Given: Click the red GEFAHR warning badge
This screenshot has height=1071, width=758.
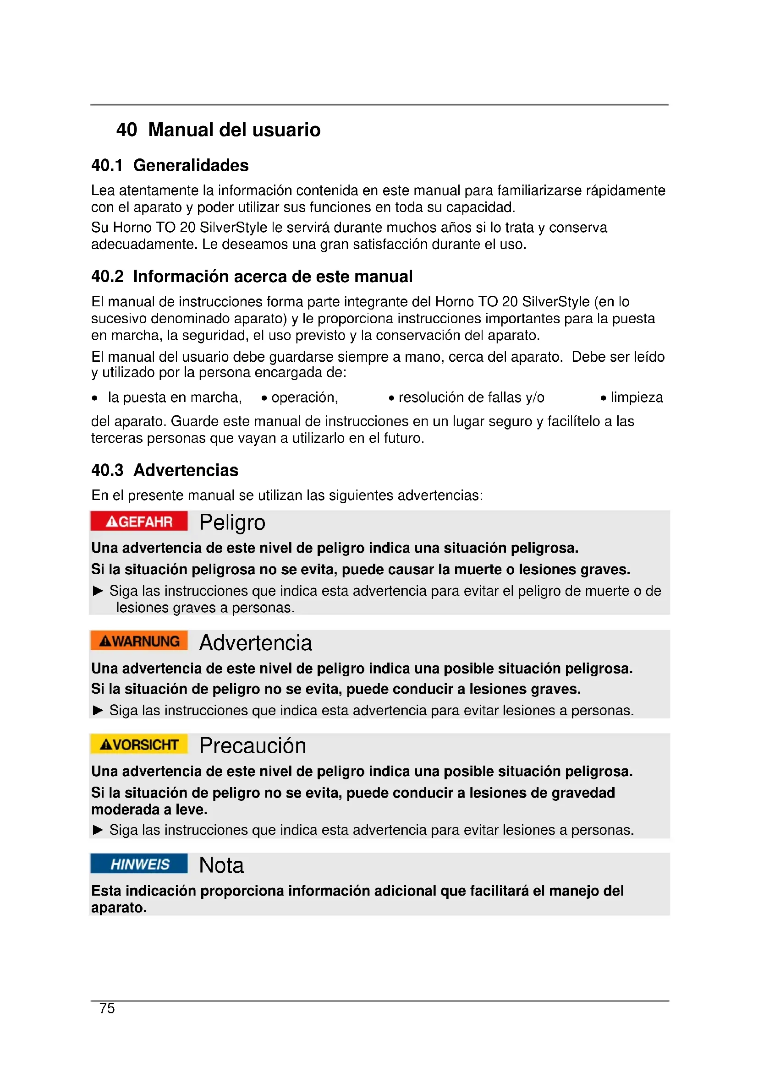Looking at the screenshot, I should pos(139,521).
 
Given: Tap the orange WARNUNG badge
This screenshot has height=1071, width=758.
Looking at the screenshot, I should pos(139,641).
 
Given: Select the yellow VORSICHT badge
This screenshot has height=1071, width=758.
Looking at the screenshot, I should pos(139,744).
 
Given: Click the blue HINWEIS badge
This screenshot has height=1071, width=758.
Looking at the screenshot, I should pos(139,864).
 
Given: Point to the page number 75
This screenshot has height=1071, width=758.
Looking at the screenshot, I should pos(107,1008).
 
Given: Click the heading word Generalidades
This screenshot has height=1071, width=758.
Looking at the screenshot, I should pos(191,165).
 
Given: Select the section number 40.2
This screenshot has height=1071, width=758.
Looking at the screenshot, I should pos(107,277).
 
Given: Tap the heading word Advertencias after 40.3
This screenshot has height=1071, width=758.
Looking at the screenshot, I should pos(186,470).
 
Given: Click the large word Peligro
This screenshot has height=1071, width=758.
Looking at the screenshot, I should pos(232,522).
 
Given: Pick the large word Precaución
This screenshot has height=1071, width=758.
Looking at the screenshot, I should pos(253,745).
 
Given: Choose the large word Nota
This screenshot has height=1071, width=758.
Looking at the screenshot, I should pos(221,865).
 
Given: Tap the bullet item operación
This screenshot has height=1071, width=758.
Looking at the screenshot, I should pos(304,397).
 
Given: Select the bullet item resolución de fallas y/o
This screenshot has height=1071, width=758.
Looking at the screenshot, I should pos(471,397).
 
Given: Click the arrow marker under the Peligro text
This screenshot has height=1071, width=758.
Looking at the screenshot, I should pos(98,591).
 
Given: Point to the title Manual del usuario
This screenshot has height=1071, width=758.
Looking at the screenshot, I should pos(234,130).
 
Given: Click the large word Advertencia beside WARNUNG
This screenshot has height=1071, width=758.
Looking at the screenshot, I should pos(255,643).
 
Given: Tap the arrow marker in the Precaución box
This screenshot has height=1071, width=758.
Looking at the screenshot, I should pos(98,830).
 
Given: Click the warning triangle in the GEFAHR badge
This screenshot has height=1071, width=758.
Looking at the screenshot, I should pos(112,522).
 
